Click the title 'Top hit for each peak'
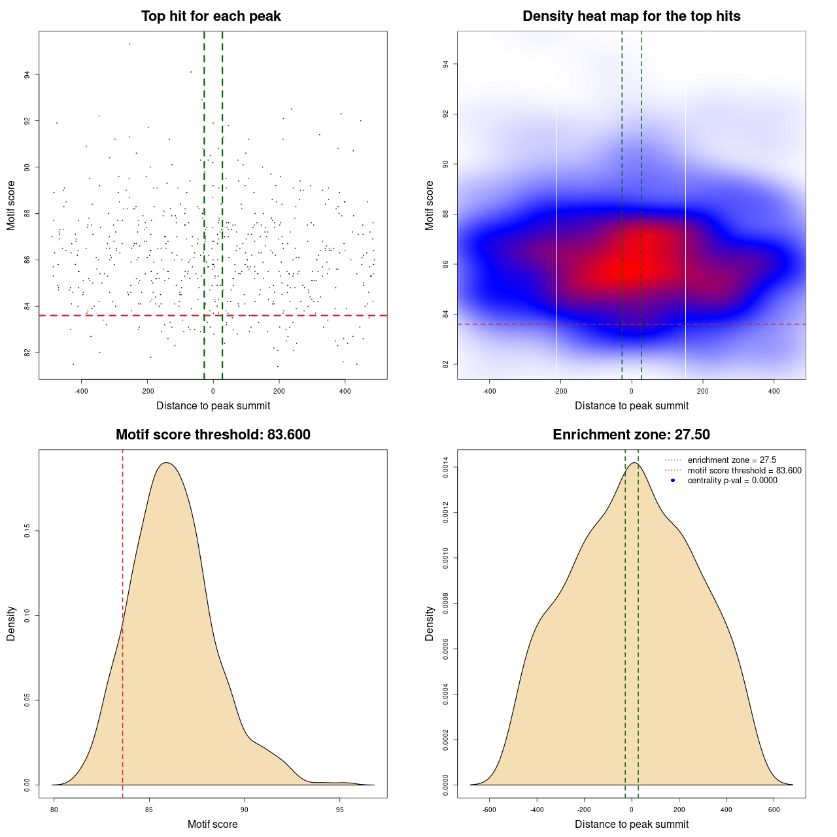pyautogui.click(x=211, y=16)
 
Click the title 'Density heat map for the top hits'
pyautogui.click(x=631, y=16)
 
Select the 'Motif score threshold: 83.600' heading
pyautogui.click(x=213, y=435)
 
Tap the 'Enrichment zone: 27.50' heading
pyautogui.click(x=631, y=435)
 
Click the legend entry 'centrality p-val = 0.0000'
pyautogui.click(x=732, y=481)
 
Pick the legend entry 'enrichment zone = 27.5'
pyautogui.click(x=732, y=460)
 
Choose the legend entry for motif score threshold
pyautogui.click(x=744, y=471)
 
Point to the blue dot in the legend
pyautogui.click(x=673, y=481)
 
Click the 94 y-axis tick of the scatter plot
pyautogui.click(x=27, y=75)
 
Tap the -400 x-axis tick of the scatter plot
pyautogui.click(x=81, y=391)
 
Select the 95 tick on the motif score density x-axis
pyautogui.click(x=339, y=810)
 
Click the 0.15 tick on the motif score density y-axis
pyautogui.click(x=27, y=532)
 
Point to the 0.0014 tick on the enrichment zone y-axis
pyautogui.click(x=446, y=468)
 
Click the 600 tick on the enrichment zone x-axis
pyautogui.click(x=774, y=810)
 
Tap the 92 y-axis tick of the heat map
pyautogui.click(x=446, y=114)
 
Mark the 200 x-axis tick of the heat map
pyautogui.click(x=702, y=391)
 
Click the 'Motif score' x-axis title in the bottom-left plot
pyautogui.click(x=213, y=824)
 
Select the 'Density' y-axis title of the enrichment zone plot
pyautogui.click(x=430, y=623)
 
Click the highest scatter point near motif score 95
pyautogui.click(x=129, y=44)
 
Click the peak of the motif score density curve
pyautogui.click(x=167, y=463)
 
